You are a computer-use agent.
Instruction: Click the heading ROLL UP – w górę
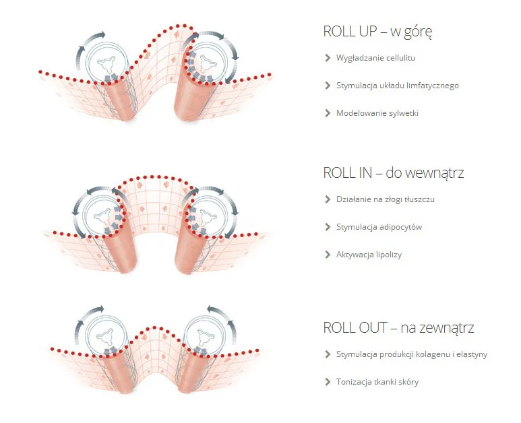[x=378, y=32]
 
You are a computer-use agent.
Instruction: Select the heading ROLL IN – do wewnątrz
[x=394, y=173]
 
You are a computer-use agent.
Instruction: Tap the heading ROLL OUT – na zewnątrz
[x=398, y=328]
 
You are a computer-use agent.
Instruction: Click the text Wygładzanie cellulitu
[x=375, y=58]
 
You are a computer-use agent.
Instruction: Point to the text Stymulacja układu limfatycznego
[x=398, y=86]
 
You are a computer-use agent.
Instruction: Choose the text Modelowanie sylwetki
[x=377, y=113]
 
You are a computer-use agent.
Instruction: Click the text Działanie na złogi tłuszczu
[x=386, y=199]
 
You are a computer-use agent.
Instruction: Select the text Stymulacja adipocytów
[x=379, y=227]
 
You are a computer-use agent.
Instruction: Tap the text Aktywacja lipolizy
[x=369, y=255]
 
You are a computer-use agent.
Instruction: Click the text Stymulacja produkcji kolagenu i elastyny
[x=412, y=354]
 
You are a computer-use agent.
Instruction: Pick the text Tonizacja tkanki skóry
[x=377, y=382]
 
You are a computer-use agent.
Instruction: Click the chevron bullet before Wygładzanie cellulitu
[x=328, y=58]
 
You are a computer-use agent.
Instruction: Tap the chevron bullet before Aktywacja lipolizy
[x=328, y=255]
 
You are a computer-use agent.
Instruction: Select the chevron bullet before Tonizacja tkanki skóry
[x=328, y=382]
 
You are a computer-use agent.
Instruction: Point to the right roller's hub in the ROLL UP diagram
[x=208, y=63]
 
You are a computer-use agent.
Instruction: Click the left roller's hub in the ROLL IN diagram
[x=102, y=216]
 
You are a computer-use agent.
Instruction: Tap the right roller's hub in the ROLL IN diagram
[x=208, y=216]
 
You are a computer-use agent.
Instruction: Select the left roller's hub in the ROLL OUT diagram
[x=106, y=336]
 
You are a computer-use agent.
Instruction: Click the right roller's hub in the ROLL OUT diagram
[x=206, y=336]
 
